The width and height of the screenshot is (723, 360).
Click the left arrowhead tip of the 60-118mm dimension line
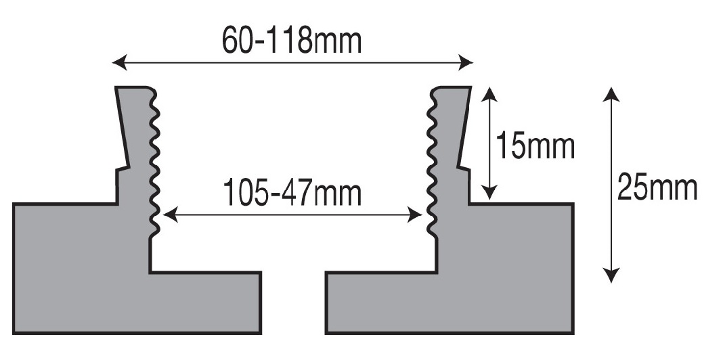pyautogui.click(x=112, y=62)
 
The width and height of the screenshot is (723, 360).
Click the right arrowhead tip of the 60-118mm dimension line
pyautogui.click(x=474, y=62)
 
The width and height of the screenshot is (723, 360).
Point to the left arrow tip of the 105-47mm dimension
pyautogui.click(x=163, y=215)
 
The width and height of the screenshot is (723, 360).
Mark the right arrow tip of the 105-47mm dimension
pyautogui.click(x=422, y=215)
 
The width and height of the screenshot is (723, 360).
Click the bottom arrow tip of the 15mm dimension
pyautogui.click(x=489, y=200)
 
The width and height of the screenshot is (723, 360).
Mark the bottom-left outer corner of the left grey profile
pyautogui.click(x=13, y=334)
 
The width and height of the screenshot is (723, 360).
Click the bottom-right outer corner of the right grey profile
pyautogui.click(x=573, y=334)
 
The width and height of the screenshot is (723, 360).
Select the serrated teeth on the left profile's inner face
pyautogui.click(x=155, y=164)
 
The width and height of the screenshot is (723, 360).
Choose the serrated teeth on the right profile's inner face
pyautogui.click(x=432, y=164)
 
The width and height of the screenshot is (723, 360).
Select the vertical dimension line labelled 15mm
pyautogui.click(x=489, y=143)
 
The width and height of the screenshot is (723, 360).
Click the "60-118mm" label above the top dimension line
pyautogui.click(x=292, y=40)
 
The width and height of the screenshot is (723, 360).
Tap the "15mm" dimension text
pyautogui.click(x=535, y=147)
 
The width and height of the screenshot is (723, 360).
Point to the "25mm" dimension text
pyautogui.click(x=657, y=187)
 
